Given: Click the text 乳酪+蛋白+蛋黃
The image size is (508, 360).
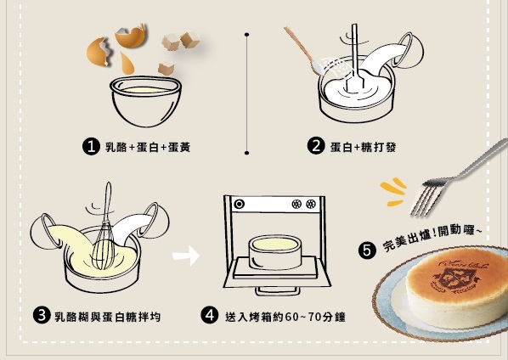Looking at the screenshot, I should click(x=147, y=147).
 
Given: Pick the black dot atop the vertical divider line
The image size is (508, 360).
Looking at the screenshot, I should click(x=246, y=36).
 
